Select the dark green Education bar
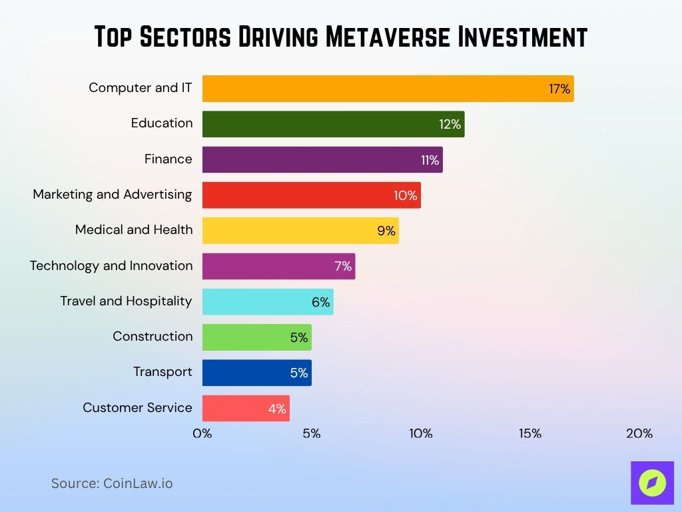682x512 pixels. [333, 124]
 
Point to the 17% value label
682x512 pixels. [559, 89]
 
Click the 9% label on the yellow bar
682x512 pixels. [386, 231]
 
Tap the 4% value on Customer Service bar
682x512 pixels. [277, 409]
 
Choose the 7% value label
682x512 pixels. [343, 267]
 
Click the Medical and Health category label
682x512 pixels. [134, 229]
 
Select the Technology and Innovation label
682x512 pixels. [111, 265]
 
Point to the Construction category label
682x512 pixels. [153, 336]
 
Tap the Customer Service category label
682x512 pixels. [137, 407]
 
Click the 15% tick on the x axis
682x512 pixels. [530, 433]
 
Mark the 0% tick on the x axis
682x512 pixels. [202, 433]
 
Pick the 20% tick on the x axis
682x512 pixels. [639, 433]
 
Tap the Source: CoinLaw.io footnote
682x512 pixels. [112, 483]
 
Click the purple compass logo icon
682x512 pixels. [652, 483]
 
